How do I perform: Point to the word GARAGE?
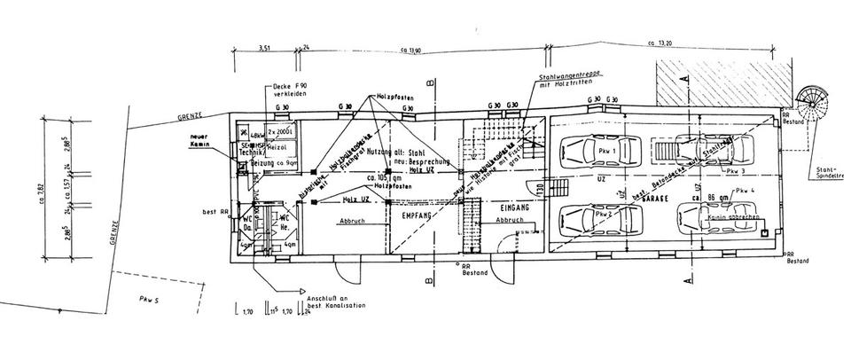pyautogui.click(x=657, y=202)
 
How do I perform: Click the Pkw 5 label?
pyautogui.click(x=148, y=298)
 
